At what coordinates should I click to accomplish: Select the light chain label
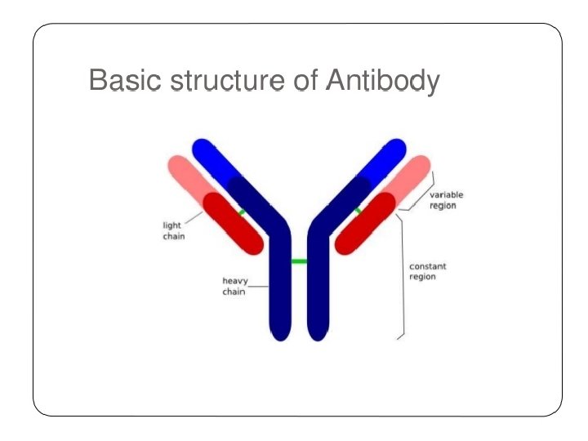pyautogui.click(x=173, y=230)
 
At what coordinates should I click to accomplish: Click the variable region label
pyautogui.click(x=446, y=200)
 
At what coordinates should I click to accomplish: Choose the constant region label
pyautogui.click(x=428, y=271)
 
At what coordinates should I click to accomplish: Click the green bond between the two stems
pyautogui.click(x=299, y=261)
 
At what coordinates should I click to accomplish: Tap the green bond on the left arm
pyautogui.click(x=243, y=212)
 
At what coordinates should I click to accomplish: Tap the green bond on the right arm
pyautogui.click(x=357, y=212)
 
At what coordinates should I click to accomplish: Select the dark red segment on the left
pyautogui.click(x=234, y=222)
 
